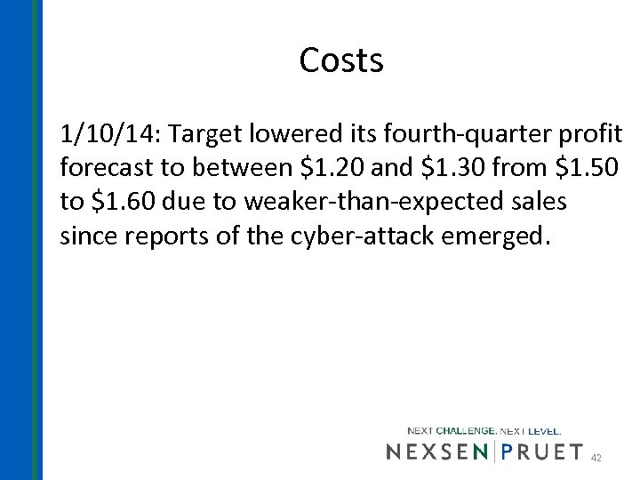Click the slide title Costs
[x=341, y=60]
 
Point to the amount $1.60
[x=121, y=202]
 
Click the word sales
[x=536, y=202]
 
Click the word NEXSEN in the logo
[x=437, y=452]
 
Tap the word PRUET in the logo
[x=543, y=452]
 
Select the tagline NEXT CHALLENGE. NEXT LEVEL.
[x=484, y=431]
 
